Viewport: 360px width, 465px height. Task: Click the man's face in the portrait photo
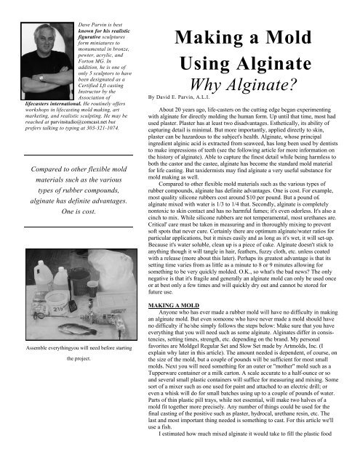(46, 39)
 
